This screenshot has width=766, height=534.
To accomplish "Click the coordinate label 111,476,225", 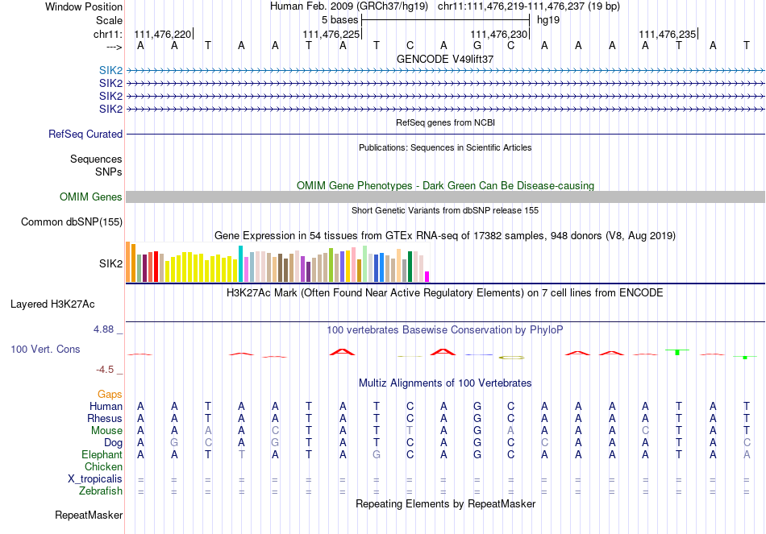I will [x=331, y=34].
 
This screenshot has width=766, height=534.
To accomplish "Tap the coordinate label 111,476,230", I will [x=498, y=34].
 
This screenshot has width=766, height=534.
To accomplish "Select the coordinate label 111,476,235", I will [x=667, y=34].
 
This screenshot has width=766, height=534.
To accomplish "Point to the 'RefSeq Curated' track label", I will [x=85, y=135].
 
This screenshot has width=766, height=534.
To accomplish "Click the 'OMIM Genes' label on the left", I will [x=91, y=197].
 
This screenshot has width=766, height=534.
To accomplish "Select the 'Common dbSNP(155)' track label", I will [x=72, y=222].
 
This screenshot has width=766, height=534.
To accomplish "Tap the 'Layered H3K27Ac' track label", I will [x=52, y=304].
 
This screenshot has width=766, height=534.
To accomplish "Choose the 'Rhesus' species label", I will [x=105, y=419].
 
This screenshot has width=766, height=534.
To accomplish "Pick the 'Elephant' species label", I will [x=101, y=455].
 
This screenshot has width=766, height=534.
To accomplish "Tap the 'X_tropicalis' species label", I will [x=95, y=479].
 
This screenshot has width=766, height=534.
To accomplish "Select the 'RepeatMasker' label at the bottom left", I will [x=89, y=515].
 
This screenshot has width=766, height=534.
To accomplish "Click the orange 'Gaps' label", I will [x=110, y=395].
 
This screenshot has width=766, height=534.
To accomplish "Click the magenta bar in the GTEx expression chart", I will [x=427, y=276].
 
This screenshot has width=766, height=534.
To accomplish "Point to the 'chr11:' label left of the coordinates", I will [x=107, y=34].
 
